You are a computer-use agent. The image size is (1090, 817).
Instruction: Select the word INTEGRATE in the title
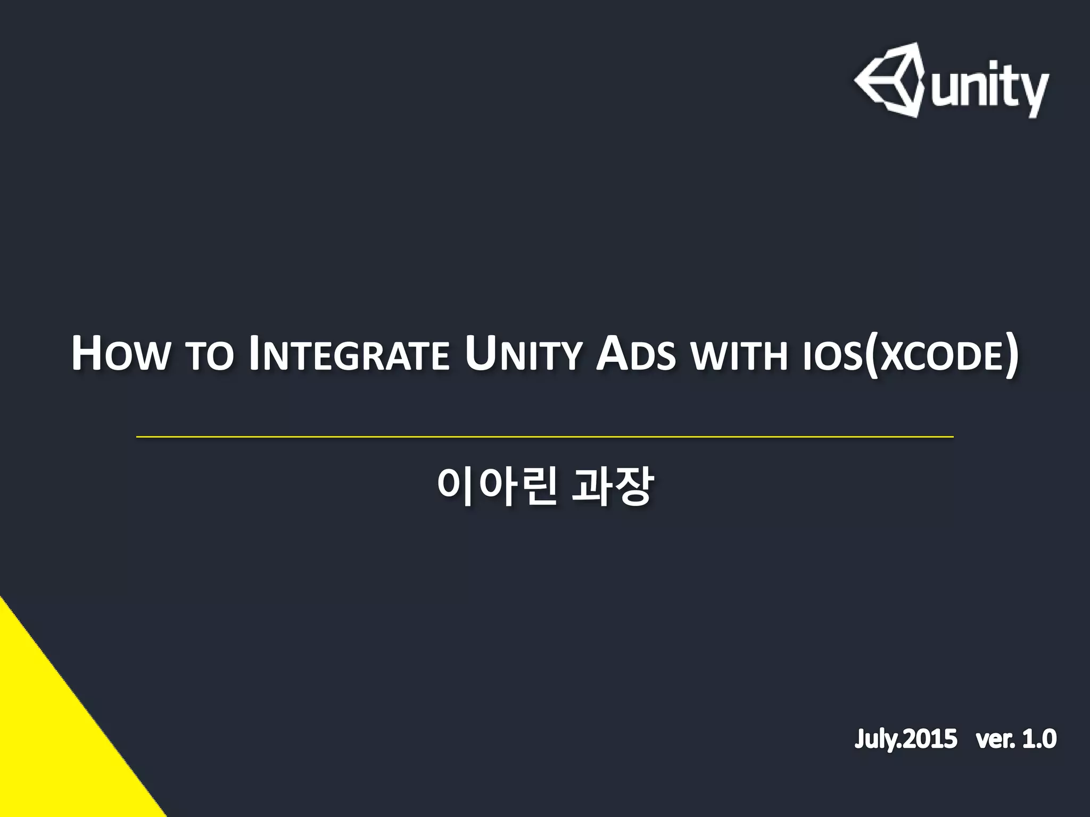pos(349,354)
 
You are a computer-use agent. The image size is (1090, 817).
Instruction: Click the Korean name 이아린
pos(496,487)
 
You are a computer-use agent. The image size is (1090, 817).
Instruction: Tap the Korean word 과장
pos(612,487)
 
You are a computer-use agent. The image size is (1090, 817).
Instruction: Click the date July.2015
pos(906,739)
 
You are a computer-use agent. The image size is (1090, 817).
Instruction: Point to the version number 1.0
pos(1037,739)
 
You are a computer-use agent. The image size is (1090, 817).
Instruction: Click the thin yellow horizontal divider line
pos(545,437)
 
